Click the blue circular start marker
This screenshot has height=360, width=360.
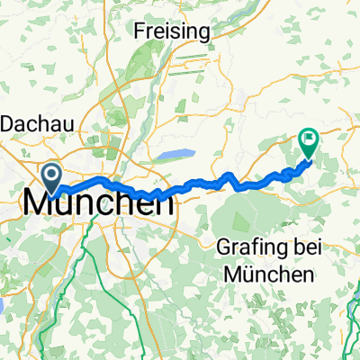51,176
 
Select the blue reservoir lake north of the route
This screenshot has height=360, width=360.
175,156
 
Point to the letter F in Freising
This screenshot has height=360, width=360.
138,31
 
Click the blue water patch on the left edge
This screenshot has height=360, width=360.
3,306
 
